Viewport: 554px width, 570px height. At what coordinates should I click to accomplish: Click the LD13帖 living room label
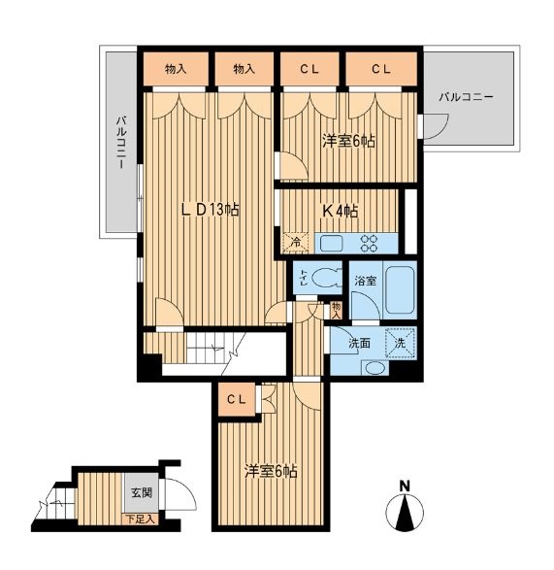click(210, 210)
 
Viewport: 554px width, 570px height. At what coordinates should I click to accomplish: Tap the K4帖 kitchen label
click(341, 211)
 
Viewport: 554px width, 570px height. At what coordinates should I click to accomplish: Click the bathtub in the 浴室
click(399, 290)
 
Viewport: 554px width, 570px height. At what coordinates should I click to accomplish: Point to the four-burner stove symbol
click(369, 243)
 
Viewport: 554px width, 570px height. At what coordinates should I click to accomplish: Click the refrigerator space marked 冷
click(296, 243)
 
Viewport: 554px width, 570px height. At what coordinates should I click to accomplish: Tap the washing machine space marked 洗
click(400, 343)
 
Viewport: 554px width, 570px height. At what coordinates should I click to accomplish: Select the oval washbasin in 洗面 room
click(375, 368)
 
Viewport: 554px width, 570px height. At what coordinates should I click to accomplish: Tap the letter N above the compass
click(405, 486)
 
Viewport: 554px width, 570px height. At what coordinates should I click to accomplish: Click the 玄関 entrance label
click(142, 492)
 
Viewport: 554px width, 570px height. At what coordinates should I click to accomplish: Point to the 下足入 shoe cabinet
click(141, 520)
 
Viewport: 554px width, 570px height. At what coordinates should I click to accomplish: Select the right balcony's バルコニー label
click(466, 97)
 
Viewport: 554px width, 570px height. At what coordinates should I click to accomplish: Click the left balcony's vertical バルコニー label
click(121, 143)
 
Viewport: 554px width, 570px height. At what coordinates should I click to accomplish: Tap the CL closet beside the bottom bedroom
click(237, 399)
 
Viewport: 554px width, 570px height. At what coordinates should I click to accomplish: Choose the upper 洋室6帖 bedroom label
click(348, 141)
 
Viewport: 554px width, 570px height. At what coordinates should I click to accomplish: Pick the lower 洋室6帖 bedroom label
click(271, 472)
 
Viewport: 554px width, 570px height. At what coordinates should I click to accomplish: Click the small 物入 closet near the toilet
click(336, 310)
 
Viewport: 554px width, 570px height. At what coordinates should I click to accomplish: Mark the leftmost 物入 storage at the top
click(176, 69)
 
